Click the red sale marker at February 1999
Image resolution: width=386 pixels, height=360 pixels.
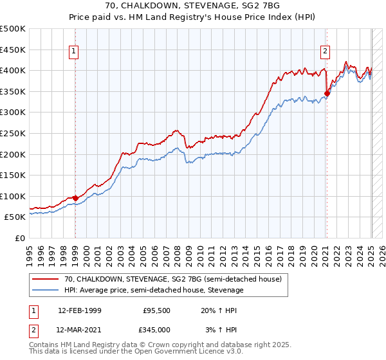point(75,198)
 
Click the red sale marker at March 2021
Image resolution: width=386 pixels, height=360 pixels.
point(327,93)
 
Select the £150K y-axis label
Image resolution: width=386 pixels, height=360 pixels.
point(14,175)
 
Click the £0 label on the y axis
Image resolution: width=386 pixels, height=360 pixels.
point(19,238)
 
